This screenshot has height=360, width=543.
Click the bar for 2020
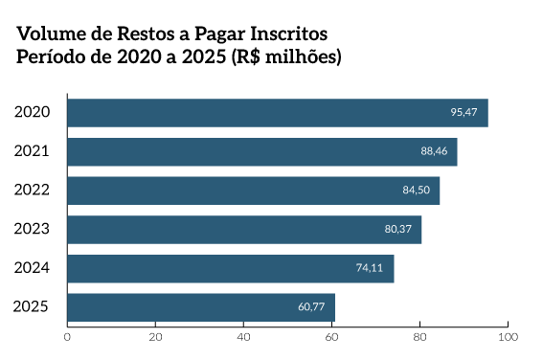(278, 113)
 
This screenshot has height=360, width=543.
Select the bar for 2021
(262, 151)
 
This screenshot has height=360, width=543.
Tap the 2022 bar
(254, 191)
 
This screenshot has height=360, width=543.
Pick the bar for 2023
(244, 230)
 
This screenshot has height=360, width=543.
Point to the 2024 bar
(231, 269)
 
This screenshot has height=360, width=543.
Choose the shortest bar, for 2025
(201, 307)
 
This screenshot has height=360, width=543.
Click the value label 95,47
(464, 113)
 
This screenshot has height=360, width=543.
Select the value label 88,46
(433, 151)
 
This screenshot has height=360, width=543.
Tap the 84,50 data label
(416, 191)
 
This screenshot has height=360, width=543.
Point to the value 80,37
(397, 230)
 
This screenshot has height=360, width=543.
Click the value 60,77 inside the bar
(311, 307)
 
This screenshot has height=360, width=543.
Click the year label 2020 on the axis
(33, 113)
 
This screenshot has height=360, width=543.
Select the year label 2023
(33, 230)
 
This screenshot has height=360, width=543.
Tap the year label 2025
(33, 307)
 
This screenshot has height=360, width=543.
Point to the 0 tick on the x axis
(68, 337)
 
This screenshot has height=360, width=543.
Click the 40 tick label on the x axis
(244, 337)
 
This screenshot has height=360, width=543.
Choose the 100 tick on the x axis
(509, 337)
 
